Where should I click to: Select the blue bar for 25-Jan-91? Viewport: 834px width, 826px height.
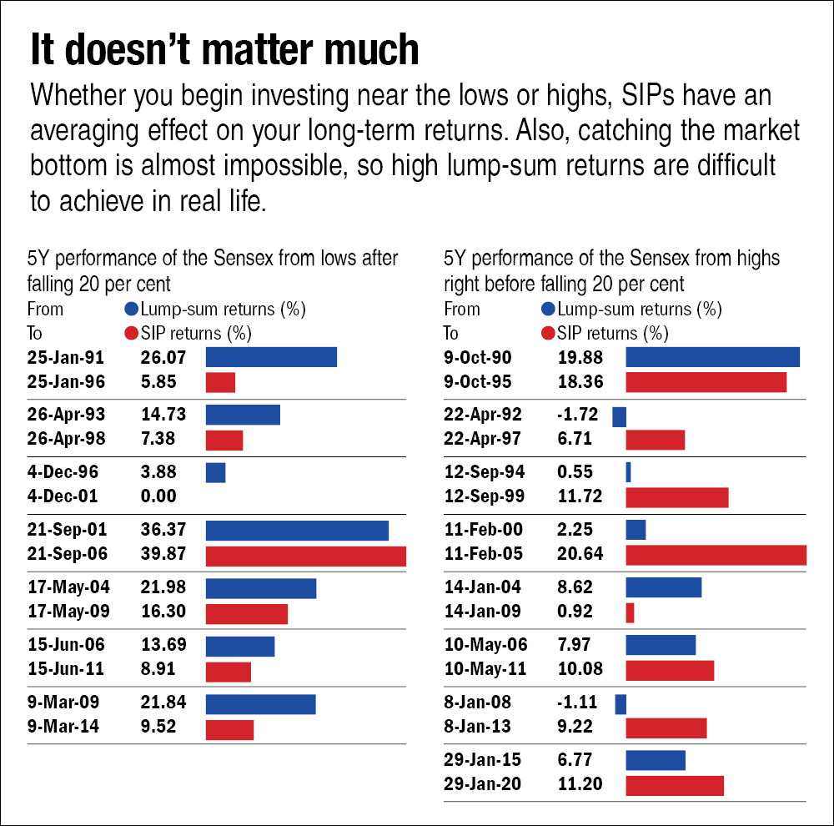pyautogui.click(x=271, y=357)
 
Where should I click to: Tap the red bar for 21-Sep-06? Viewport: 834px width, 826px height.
pyautogui.click(x=305, y=557)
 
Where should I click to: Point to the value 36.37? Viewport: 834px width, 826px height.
pyautogui.click(x=163, y=531)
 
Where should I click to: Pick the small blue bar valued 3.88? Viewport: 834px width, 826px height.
pyautogui.click(x=215, y=472)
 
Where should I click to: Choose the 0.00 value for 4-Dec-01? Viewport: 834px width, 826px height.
pyautogui.click(x=158, y=496)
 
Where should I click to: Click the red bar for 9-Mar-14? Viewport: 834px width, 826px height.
pyautogui.click(x=229, y=729)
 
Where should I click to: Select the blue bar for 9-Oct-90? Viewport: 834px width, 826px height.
pyautogui.click(x=712, y=357)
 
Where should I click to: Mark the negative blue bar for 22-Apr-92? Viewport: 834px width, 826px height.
pyautogui.click(x=619, y=416)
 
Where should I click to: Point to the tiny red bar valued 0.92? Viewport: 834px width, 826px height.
pyautogui.click(x=630, y=612)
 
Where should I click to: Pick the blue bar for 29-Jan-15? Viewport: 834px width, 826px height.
pyautogui.click(x=655, y=760)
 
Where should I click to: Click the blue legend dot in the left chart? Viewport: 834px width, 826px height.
pyautogui.click(x=130, y=310)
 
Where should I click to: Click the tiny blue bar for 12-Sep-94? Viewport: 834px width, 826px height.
pyautogui.click(x=628, y=472)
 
